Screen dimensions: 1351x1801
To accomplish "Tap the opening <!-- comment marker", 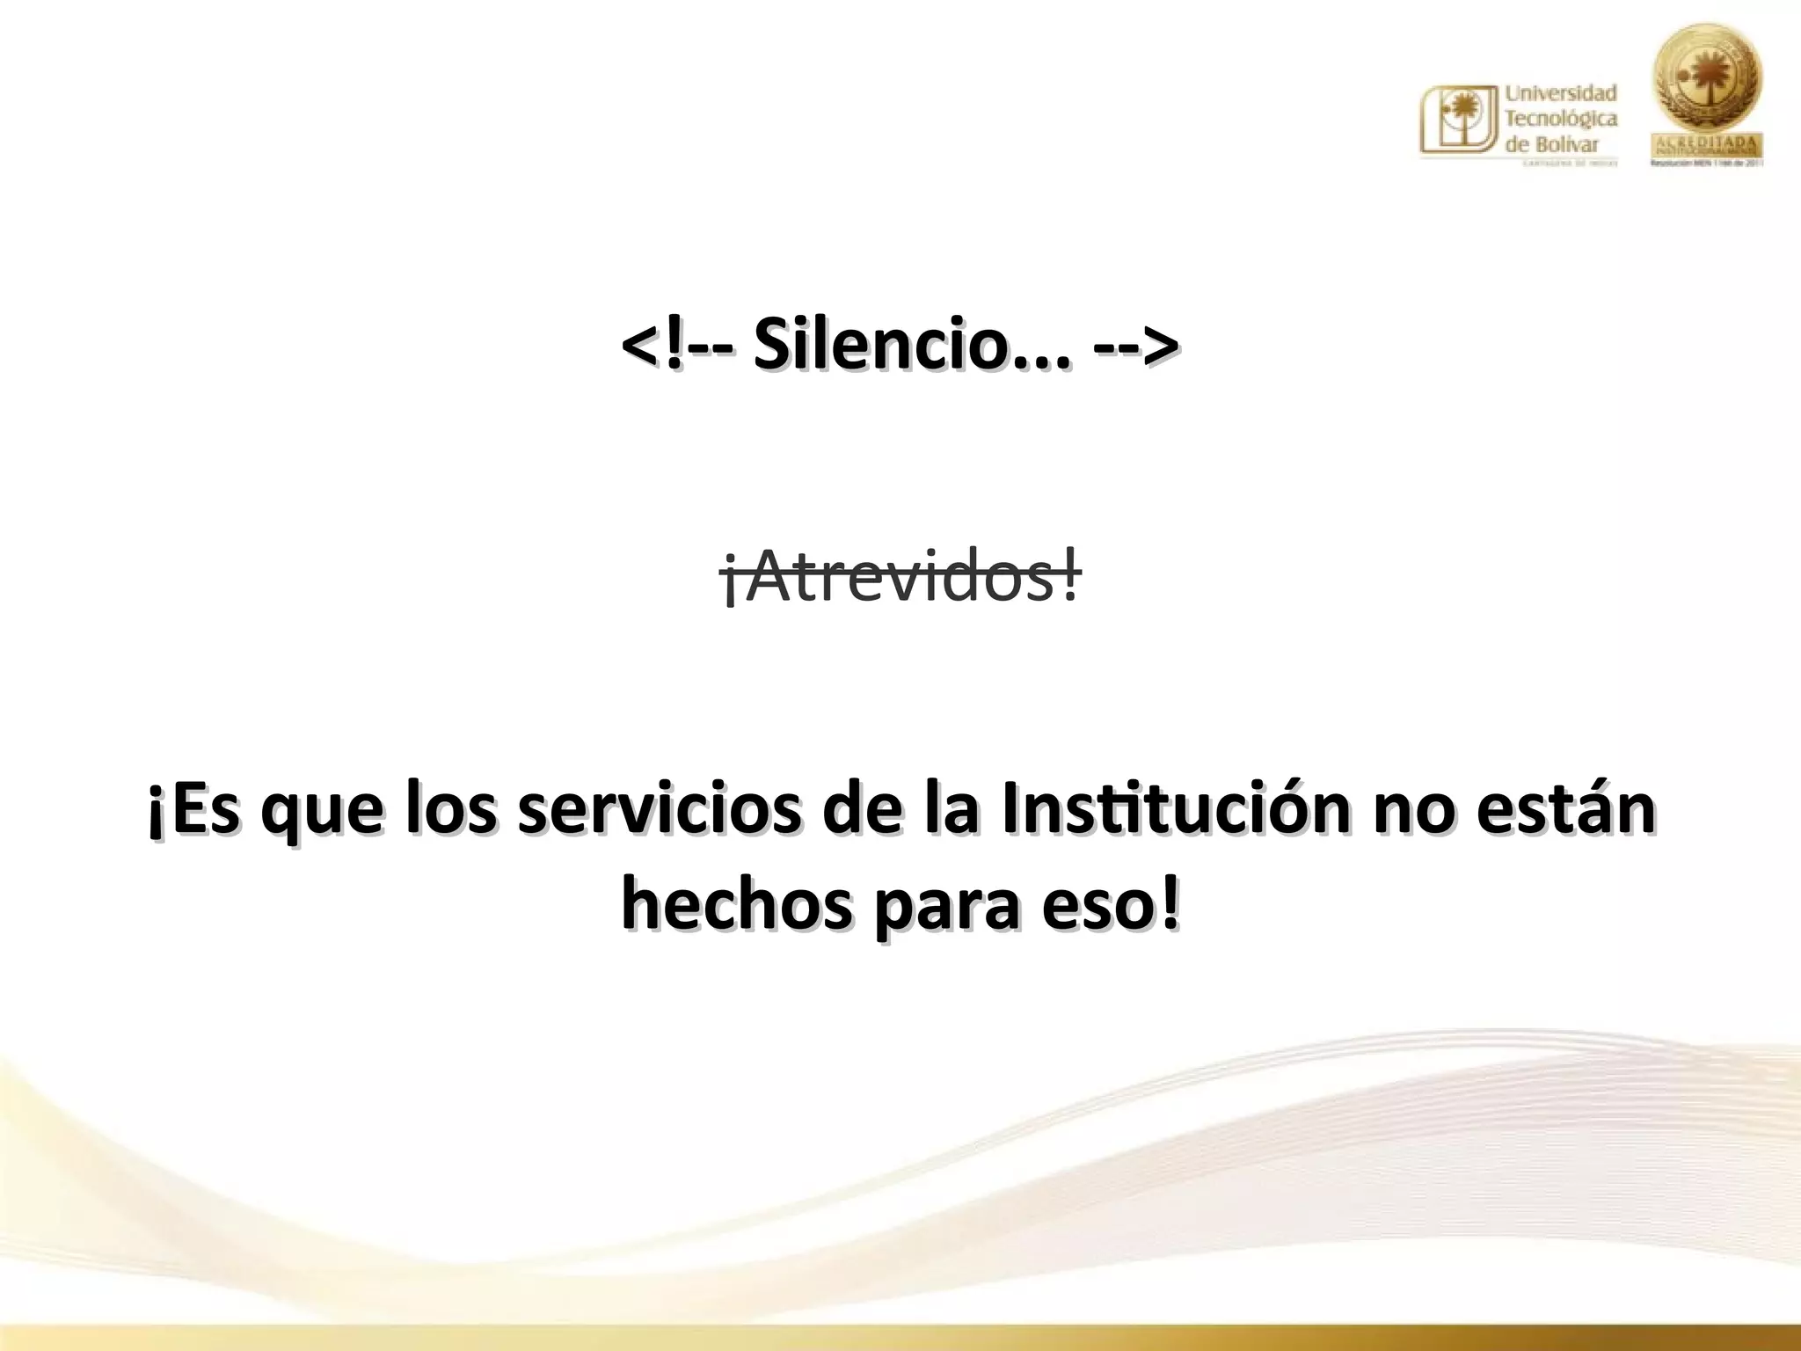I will tap(676, 346).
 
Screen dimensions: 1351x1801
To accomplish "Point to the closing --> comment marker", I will tap(1135, 346).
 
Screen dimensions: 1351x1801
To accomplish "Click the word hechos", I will tap(736, 906).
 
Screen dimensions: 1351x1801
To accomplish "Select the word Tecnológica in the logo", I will tap(1561, 119).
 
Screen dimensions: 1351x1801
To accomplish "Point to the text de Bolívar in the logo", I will tap(1551, 143).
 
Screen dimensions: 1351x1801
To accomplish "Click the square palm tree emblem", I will tap(1458, 120).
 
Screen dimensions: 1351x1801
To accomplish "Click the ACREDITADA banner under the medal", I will tap(1707, 143).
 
